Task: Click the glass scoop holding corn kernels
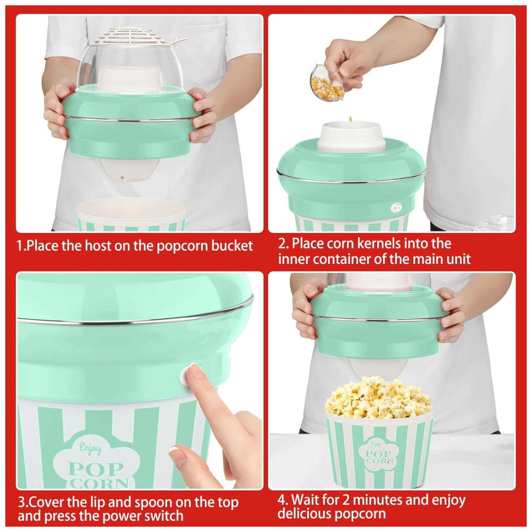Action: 327,84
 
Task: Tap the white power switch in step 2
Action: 396,207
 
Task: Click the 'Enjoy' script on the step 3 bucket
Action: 90,448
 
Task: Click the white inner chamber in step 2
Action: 352,136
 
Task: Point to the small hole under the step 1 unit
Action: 123,177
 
